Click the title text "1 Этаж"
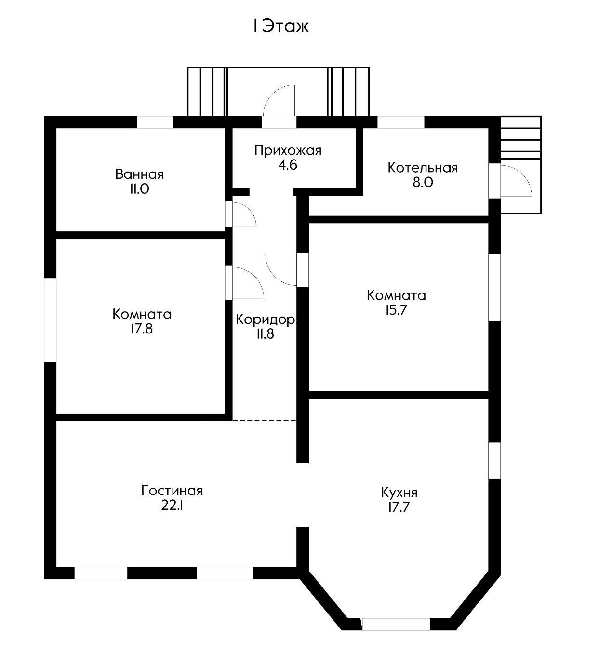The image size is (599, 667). point(281,27)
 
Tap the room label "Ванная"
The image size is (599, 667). point(140,174)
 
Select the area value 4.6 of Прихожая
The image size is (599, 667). point(288,165)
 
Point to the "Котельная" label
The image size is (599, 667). point(423,168)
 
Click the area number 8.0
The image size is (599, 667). point(423,182)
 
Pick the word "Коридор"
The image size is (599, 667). point(266,320)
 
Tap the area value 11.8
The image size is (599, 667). point(266,334)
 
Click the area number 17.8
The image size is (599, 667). point(142,329)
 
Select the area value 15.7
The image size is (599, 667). point(397,310)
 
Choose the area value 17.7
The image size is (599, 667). point(399,507)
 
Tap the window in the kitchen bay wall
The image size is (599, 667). point(396,624)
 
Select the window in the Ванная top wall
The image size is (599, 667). point(155,122)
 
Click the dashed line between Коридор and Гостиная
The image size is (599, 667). point(265,421)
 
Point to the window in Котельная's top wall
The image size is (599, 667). point(401,122)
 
